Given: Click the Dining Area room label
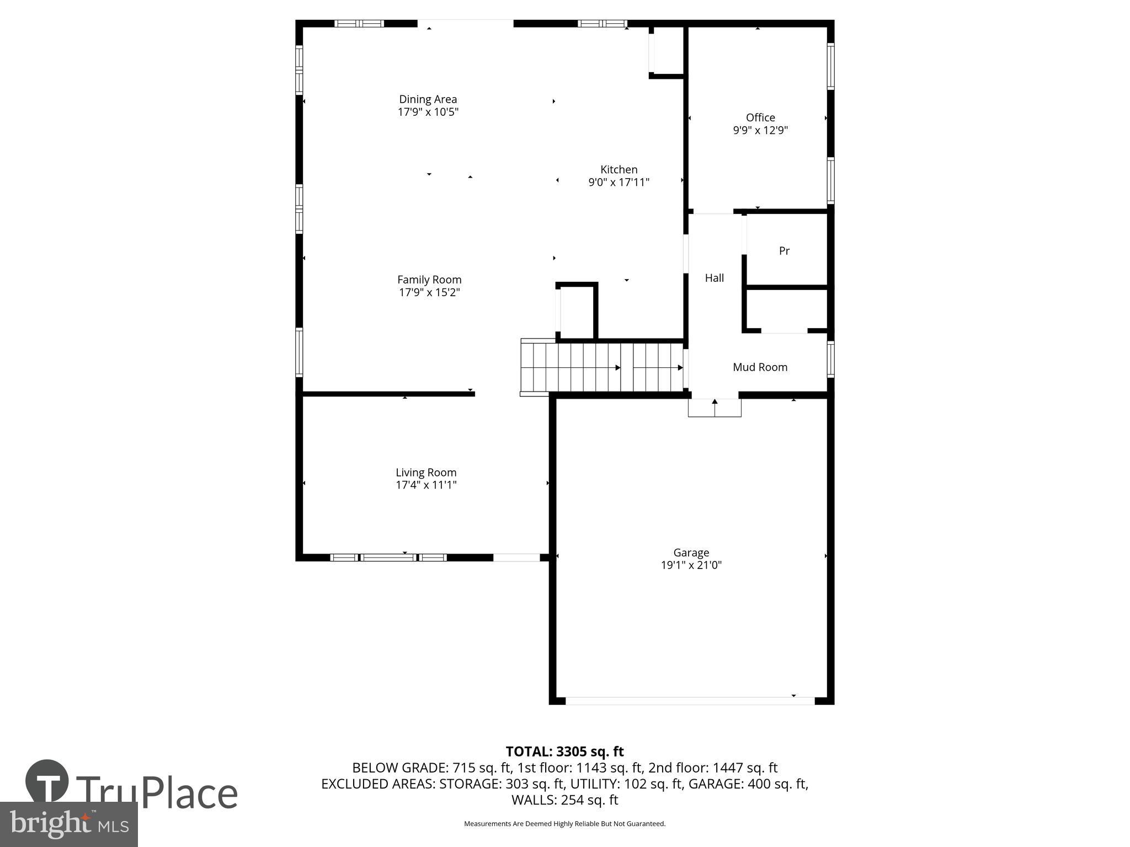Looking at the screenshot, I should [428, 99].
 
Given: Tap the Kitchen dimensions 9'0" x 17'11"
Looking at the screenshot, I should [619, 182].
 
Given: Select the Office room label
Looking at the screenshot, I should [760, 117].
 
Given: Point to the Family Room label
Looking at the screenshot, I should [429, 280].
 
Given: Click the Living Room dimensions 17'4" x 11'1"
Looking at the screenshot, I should [426, 485].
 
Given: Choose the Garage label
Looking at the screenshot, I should [691, 553].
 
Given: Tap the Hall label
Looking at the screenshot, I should [714, 278].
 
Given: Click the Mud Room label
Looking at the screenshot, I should [760, 367].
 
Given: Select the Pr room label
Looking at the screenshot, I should [784, 251].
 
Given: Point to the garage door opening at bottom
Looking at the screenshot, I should [690, 701].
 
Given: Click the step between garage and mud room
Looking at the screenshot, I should [715, 408].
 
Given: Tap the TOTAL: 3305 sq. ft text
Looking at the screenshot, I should [564, 752].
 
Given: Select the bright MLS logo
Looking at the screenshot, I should [69, 824].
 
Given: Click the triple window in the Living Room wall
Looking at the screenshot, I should [388, 557].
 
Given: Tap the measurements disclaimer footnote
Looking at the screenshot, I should [564, 824].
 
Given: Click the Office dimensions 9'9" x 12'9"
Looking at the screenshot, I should [760, 131].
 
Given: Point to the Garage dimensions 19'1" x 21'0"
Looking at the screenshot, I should [691, 565].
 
